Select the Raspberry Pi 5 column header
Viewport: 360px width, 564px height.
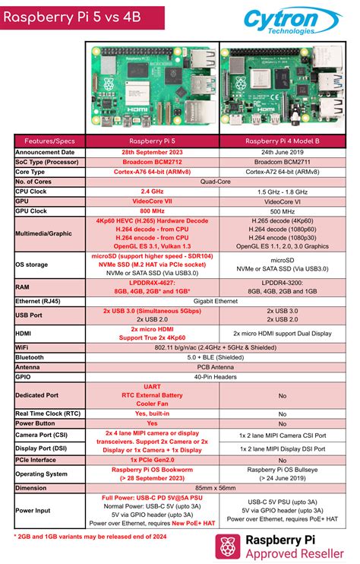154,141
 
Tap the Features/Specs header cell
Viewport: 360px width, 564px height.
49,141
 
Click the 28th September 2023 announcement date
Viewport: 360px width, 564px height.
154,152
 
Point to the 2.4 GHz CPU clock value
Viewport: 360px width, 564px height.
154,192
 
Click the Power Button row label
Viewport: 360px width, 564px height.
38,423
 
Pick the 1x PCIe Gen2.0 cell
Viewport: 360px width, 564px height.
154,459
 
